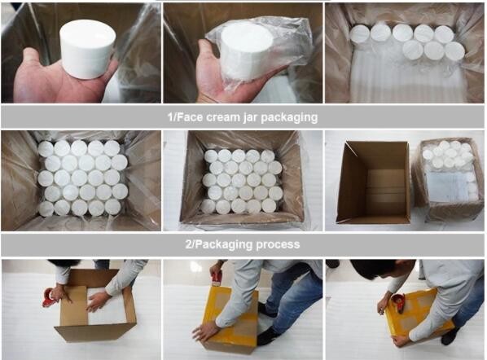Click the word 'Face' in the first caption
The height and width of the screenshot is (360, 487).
tap(188, 117)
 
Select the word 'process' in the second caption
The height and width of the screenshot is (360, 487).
tap(278, 244)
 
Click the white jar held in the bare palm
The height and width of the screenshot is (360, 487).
tap(87, 48)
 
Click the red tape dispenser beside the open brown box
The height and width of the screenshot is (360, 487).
tap(50, 297)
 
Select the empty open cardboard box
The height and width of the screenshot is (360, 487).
tap(374, 182)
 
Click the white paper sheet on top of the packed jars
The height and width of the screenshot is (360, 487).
tap(446, 185)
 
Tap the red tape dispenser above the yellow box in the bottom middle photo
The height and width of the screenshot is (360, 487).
tap(217, 276)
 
